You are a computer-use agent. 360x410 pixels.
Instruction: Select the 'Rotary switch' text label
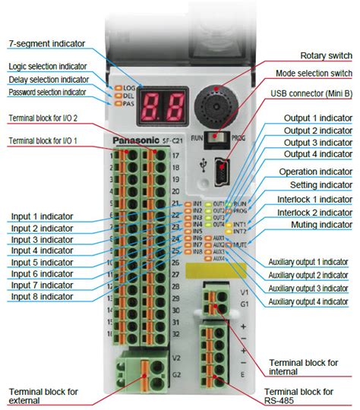coord(326,55)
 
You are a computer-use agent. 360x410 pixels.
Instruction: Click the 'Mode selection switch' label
coord(313,73)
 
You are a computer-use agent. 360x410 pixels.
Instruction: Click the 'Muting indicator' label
coord(321,225)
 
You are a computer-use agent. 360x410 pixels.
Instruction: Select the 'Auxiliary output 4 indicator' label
coord(308,301)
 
